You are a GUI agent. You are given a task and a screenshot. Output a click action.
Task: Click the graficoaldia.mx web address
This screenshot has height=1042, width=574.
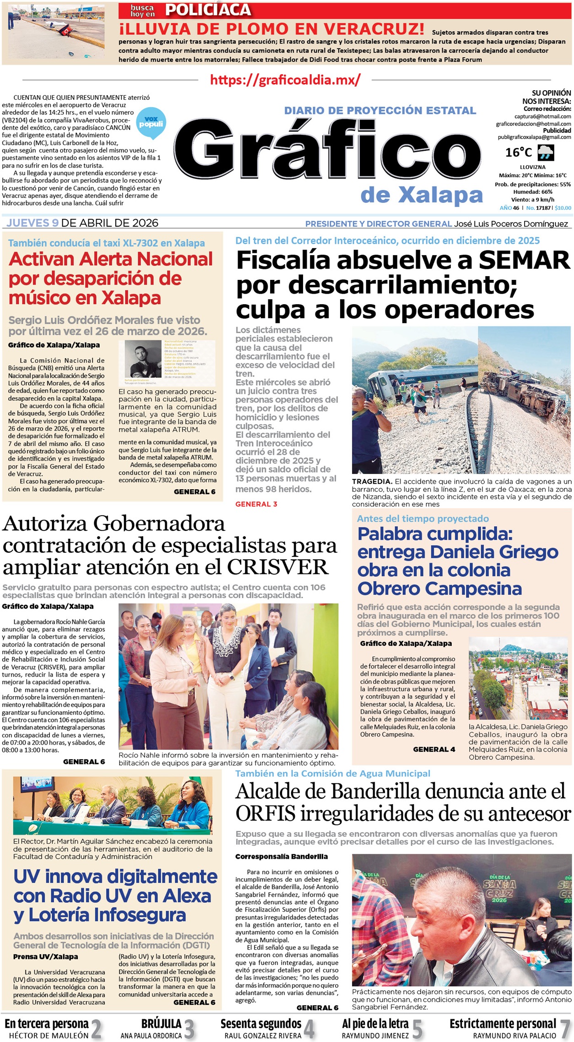click(x=285, y=80)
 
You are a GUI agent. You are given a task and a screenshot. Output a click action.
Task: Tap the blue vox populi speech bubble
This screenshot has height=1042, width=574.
click(x=151, y=122)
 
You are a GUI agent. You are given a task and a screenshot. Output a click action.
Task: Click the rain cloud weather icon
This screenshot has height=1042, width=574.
click(x=546, y=153)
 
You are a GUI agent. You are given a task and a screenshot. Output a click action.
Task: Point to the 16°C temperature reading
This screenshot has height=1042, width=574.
click(x=518, y=153)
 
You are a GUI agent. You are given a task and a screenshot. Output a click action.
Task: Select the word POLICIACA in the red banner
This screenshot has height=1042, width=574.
click(x=208, y=10)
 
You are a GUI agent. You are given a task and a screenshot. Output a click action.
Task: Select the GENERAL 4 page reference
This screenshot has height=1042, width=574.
click(x=434, y=749)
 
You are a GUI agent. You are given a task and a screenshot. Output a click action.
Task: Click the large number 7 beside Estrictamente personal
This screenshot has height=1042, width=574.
click(x=565, y=1029)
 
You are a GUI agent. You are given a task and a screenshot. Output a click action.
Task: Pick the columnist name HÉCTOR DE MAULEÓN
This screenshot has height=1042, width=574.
click(x=49, y=1036)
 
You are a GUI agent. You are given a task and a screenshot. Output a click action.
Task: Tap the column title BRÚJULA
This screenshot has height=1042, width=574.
click(x=161, y=1024)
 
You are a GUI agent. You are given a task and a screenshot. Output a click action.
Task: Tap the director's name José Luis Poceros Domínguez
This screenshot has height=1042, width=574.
click(x=511, y=224)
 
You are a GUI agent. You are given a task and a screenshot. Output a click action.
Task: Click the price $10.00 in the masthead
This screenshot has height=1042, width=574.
click(x=563, y=208)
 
